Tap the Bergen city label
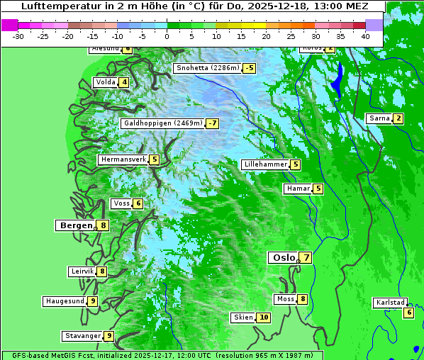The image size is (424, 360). [75, 225]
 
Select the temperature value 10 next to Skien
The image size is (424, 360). [264, 317]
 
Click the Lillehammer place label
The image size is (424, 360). [265, 164]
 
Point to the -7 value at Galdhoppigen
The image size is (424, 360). [212, 123]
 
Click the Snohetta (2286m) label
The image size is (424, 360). [207, 68]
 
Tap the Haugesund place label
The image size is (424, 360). [65, 301]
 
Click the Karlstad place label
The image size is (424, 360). [389, 303]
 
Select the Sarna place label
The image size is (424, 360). [379, 118]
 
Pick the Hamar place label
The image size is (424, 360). [297, 189]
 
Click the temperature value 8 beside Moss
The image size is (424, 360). [303, 299]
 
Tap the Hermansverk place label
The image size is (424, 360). [123, 159]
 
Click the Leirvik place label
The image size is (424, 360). [82, 271]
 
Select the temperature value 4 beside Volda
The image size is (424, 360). [125, 82]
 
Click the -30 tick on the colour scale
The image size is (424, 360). [18, 35]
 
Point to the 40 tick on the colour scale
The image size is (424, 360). [365, 35]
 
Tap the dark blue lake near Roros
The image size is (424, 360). [338, 79]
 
